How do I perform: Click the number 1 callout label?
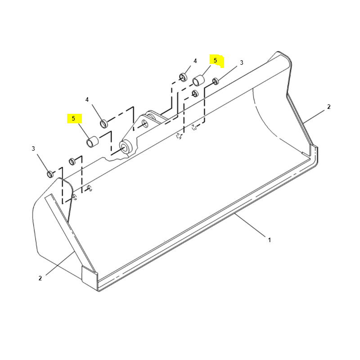click(x=269, y=240)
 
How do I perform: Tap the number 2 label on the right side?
click(x=329, y=107)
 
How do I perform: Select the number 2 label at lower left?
click(x=40, y=278)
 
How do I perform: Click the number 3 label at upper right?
click(x=242, y=63)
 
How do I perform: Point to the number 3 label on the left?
click(x=33, y=149)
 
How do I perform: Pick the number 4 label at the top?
click(x=195, y=61)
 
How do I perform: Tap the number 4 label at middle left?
click(x=87, y=99)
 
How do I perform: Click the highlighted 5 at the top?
click(x=215, y=61)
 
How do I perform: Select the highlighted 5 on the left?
click(x=73, y=118)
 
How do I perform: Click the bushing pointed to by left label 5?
click(x=92, y=142)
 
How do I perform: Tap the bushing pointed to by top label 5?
click(x=198, y=81)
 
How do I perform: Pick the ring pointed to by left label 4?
click(x=104, y=123)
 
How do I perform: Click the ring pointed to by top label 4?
click(x=183, y=77)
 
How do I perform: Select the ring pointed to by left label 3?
click(x=50, y=174)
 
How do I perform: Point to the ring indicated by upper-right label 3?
click(x=216, y=81)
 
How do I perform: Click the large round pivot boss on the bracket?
click(x=126, y=148)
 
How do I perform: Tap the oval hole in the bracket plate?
click(x=145, y=124)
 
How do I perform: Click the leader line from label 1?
click(x=250, y=225)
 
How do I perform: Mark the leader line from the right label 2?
click(x=313, y=117)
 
